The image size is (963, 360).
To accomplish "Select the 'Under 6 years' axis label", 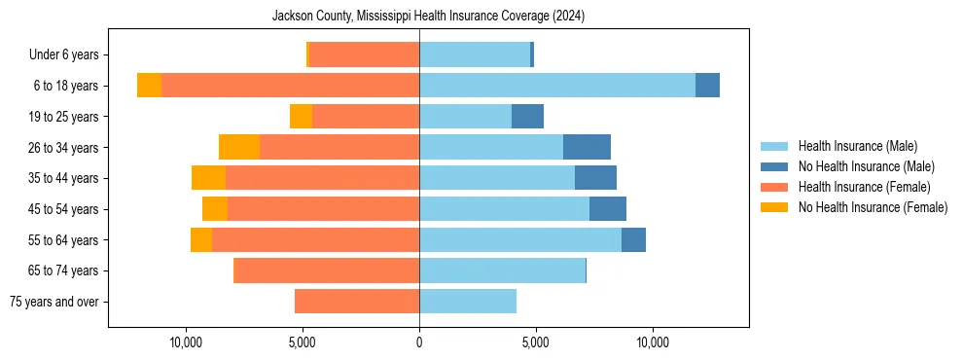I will (69, 54).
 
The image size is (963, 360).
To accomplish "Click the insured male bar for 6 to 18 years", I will (557, 86).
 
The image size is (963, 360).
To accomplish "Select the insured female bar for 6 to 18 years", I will (290, 86).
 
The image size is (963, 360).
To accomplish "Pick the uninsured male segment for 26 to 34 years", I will (587, 147).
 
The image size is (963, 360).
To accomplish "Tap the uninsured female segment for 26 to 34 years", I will (239, 147).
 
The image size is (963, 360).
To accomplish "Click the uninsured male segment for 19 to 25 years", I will (527, 117).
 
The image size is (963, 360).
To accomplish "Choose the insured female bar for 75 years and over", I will (357, 302).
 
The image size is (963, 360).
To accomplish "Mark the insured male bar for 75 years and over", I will (468, 302).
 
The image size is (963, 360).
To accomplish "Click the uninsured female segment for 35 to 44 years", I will (208, 178).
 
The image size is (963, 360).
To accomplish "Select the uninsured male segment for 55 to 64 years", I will (633, 239).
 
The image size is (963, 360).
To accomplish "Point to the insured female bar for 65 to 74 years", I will (327, 270).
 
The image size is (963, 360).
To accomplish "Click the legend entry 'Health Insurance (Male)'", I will (857, 146).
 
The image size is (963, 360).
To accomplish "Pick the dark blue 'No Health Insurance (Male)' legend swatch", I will (774, 166).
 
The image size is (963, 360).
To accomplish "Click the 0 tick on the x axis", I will (419, 342).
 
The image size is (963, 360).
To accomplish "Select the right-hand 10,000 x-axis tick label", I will (652, 342).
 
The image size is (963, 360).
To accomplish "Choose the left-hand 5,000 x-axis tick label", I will (303, 342).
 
